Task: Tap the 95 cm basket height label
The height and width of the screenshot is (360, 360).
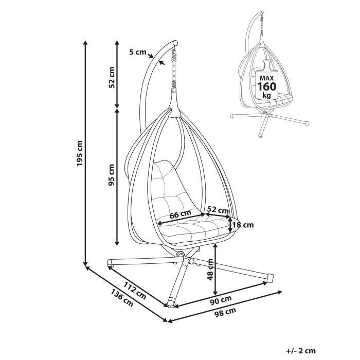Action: (112, 175)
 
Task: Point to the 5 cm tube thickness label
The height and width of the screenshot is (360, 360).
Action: (138, 52)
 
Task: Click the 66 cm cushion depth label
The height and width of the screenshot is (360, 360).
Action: (180, 213)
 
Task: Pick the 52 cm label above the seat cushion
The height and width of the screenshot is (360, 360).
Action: (218, 210)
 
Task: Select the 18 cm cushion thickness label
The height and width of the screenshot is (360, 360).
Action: (243, 225)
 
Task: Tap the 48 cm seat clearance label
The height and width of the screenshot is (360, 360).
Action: (210, 270)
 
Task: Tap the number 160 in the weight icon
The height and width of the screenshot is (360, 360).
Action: (266, 86)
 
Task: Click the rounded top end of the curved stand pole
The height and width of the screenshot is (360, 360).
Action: (176, 43)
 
